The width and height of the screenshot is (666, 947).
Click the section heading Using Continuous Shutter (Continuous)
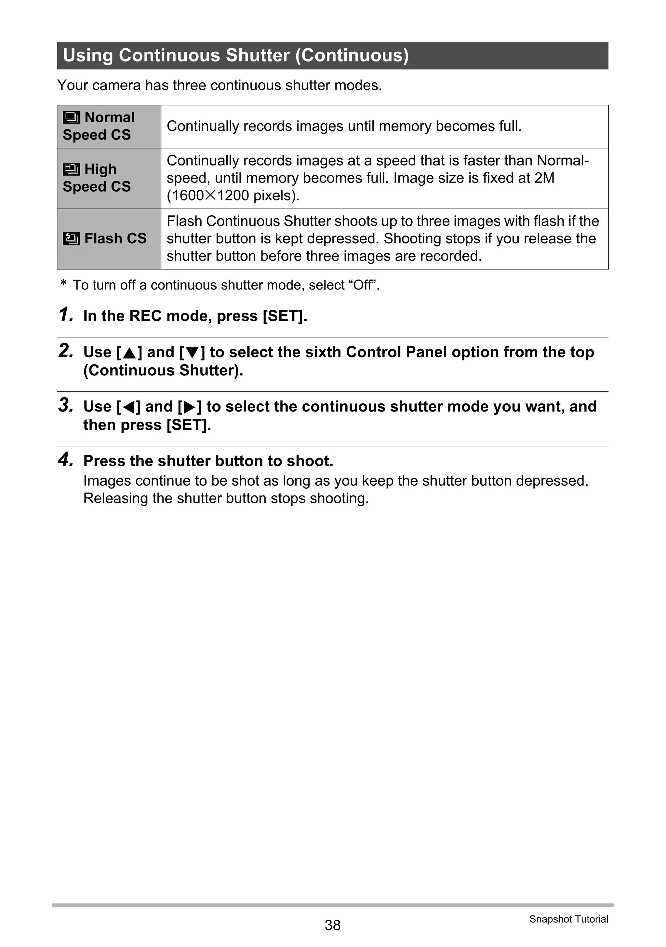click(235, 55)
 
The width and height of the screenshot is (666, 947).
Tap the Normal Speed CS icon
click(71, 117)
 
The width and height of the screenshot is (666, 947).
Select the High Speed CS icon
click(71, 169)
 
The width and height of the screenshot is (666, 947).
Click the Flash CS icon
click(71, 238)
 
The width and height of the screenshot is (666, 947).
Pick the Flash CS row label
click(115, 238)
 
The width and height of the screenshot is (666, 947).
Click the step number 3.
click(66, 405)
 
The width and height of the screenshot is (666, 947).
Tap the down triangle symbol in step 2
click(192, 353)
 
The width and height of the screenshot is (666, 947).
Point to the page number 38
click(332, 925)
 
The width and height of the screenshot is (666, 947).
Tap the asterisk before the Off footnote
click(63, 283)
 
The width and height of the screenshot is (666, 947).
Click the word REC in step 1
click(145, 316)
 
